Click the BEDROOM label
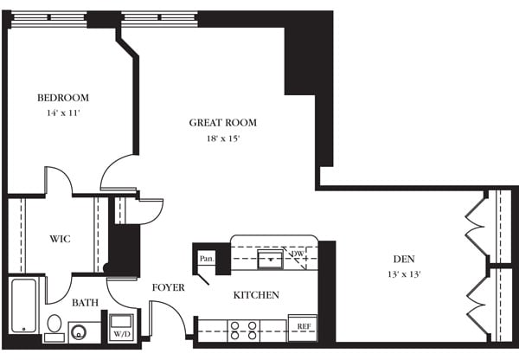click(x=62, y=98)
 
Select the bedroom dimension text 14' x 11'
click(x=62, y=113)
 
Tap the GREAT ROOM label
click(x=223, y=123)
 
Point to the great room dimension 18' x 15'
click(x=223, y=138)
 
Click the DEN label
click(x=403, y=258)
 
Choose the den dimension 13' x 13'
click(x=403, y=274)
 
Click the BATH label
click(x=83, y=303)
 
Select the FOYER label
click(x=168, y=287)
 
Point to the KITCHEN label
click(x=256, y=295)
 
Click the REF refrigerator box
click(x=304, y=327)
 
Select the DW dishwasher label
click(x=298, y=254)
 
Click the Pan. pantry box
click(x=207, y=258)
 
